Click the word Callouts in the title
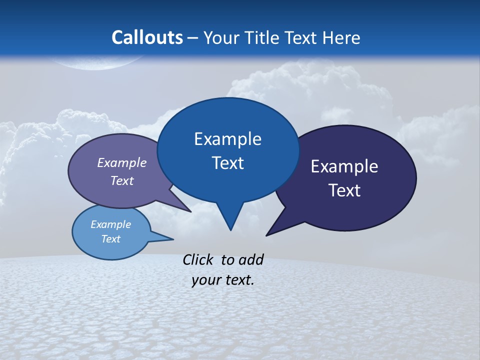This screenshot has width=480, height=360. click(x=147, y=37)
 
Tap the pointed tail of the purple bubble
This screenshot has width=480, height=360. click(x=190, y=211)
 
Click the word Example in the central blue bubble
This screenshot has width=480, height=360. click(x=227, y=138)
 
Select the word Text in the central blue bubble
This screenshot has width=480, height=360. click(x=227, y=163)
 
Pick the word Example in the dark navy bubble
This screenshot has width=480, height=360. click(x=344, y=166)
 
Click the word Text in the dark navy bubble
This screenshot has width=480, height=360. click(x=344, y=190)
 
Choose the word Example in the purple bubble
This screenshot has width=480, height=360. click(x=121, y=162)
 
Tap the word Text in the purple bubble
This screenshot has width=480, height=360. click(x=121, y=180)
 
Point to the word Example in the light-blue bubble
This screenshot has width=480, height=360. click(x=110, y=224)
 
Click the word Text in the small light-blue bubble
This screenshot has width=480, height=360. click(x=110, y=239)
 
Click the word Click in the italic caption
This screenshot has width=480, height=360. click(x=197, y=259)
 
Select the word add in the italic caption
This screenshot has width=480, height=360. click(x=250, y=259)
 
